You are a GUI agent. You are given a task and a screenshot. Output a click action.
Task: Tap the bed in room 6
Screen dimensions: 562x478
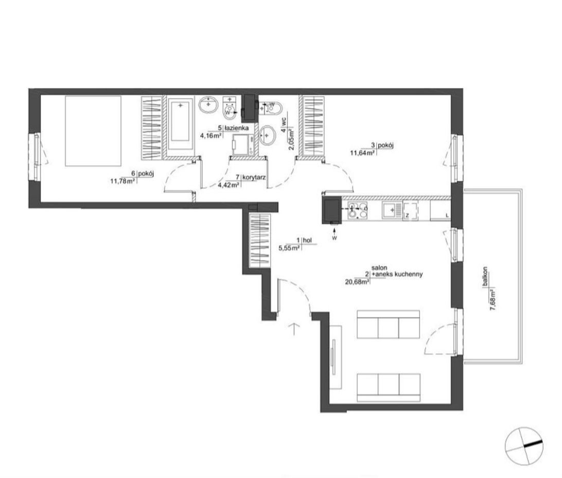click(x=93, y=131)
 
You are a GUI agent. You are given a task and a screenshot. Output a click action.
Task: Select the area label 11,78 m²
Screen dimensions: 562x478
click(x=122, y=181)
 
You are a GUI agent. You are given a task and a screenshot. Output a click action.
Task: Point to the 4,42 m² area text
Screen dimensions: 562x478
click(x=229, y=185)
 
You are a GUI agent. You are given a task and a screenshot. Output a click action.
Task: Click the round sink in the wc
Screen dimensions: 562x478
click(x=267, y=135)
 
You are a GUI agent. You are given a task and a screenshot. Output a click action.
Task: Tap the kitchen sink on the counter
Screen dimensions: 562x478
click(x=392, y=210)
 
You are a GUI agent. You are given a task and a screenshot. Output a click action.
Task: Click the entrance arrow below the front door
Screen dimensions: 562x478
click(x=294, y=329)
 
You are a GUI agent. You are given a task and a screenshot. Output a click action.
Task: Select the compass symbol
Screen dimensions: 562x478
click(x=523, y=446)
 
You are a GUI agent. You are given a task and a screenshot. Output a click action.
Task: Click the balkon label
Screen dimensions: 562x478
click(x=485, y=277)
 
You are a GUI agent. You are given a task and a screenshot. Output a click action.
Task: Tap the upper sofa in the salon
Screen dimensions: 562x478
click(x=389, y=325)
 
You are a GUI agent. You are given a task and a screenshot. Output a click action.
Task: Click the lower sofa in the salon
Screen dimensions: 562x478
click(x=389, y=388)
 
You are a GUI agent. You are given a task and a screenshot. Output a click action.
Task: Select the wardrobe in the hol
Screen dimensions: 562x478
click(x=259, y=240)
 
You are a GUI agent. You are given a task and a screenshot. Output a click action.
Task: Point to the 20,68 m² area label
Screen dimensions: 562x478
click(x=358, y=282)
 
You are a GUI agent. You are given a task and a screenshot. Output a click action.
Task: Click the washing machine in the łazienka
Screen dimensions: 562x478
click(x=242, y=145)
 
